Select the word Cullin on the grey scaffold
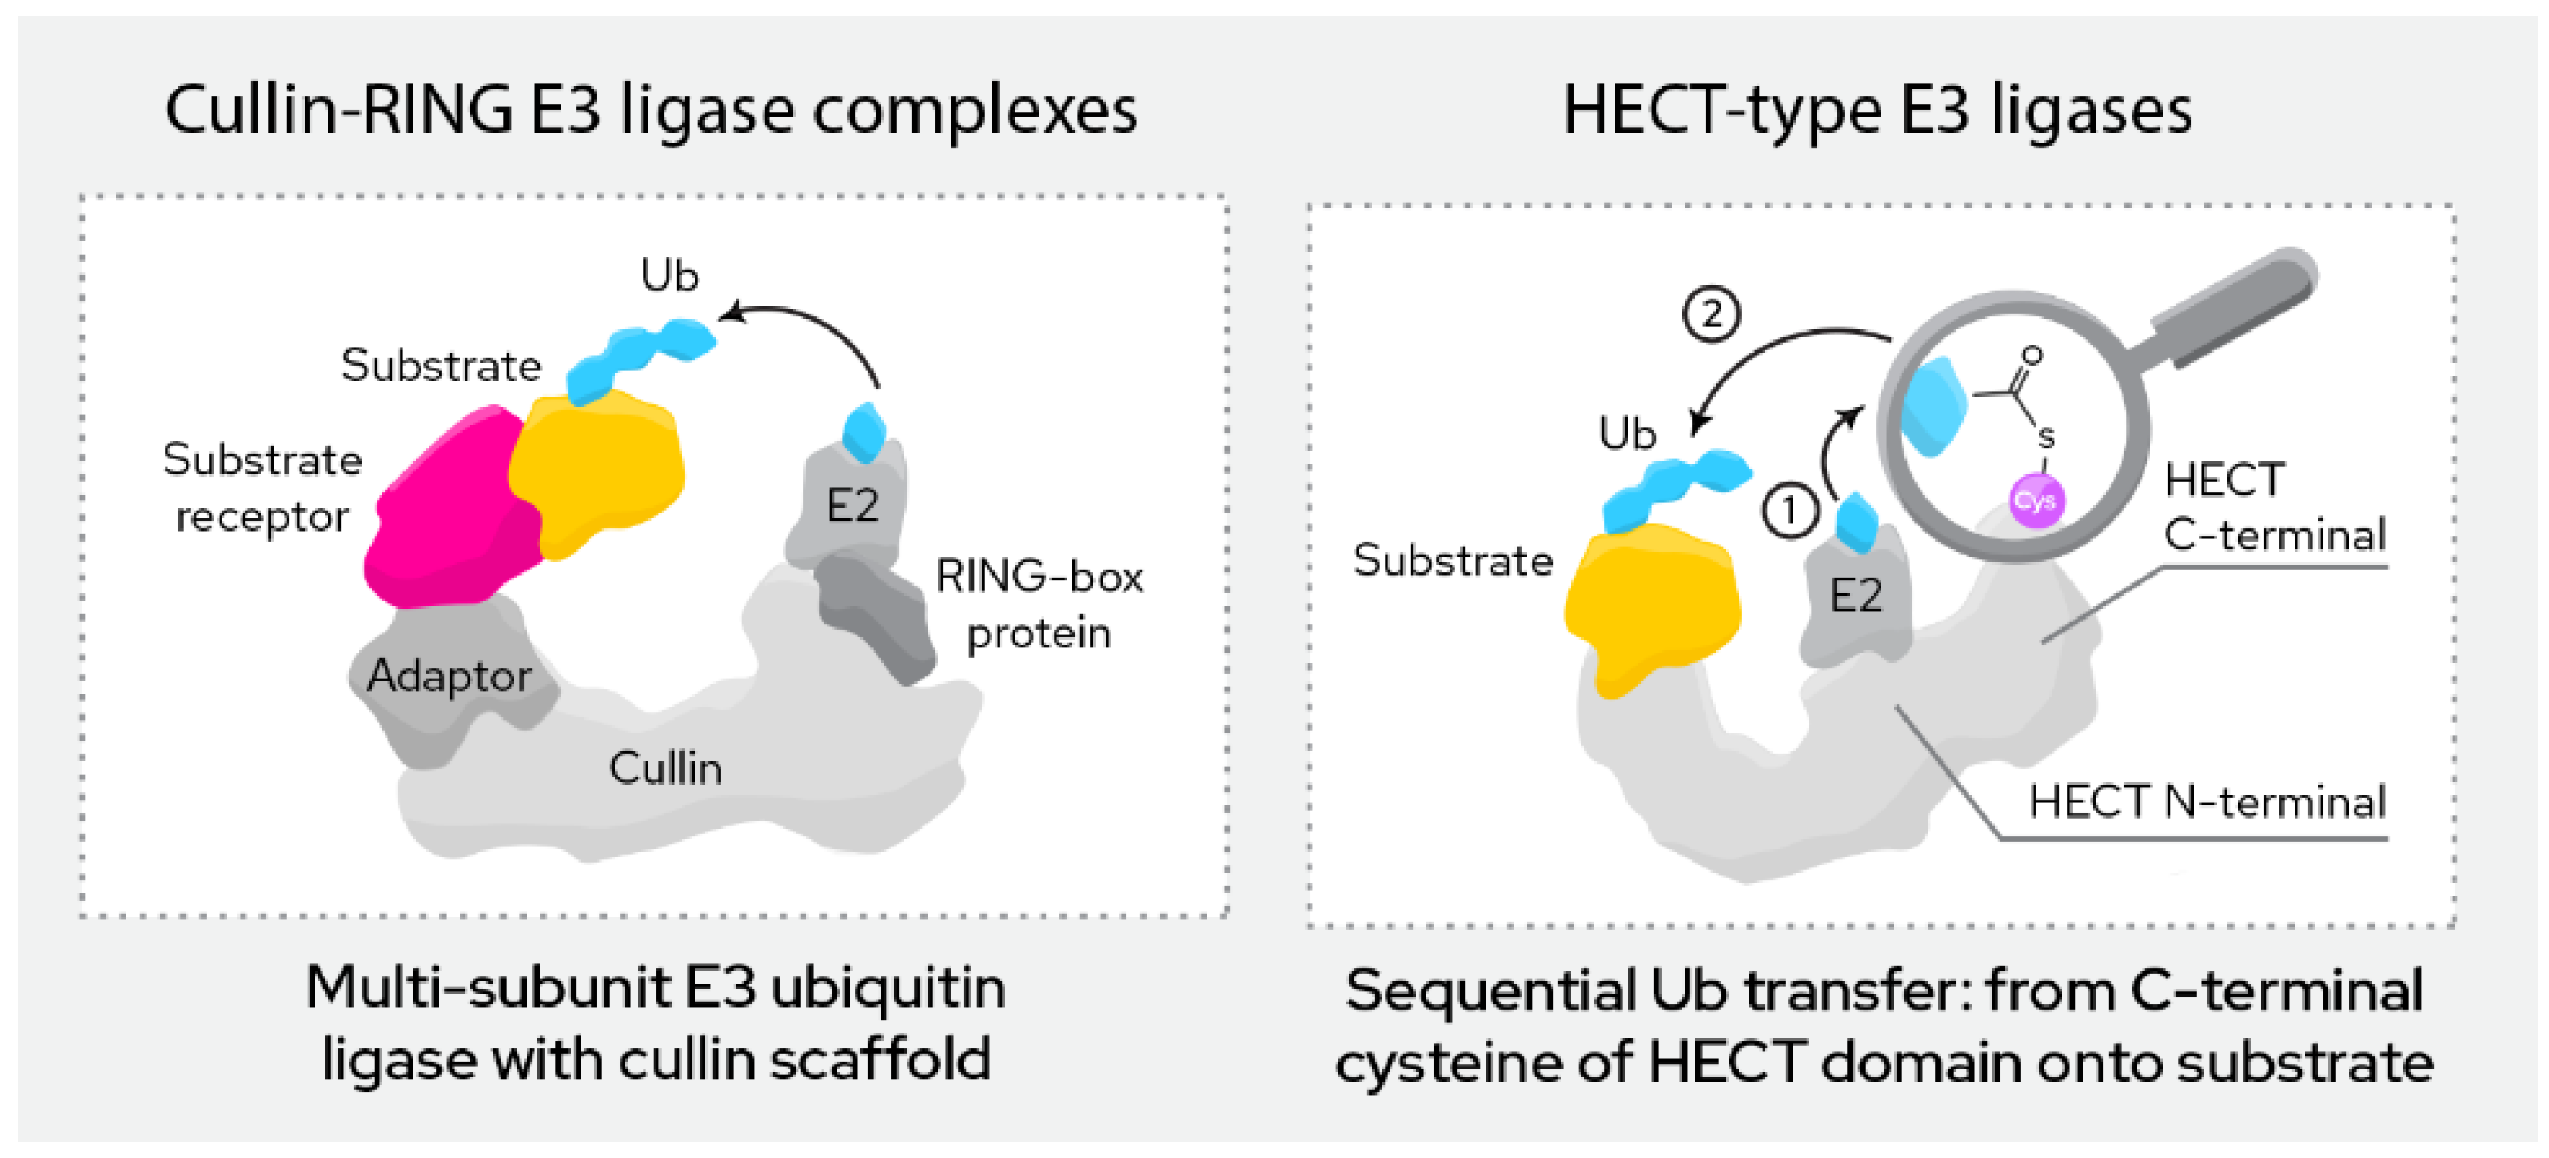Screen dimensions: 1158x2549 (x=665, y=769)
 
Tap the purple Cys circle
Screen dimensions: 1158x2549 (x=2035, y=501)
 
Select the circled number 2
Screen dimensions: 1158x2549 (x=1711, y=315)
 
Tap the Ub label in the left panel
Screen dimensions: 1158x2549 (x=669, y=275)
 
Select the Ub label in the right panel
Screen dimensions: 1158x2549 (x=1627, y=434)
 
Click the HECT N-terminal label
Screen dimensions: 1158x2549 (x=2207, y=802)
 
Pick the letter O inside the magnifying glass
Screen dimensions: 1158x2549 (x=2032, y=354)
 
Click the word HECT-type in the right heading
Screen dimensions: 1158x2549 (x=1722, y=111)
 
